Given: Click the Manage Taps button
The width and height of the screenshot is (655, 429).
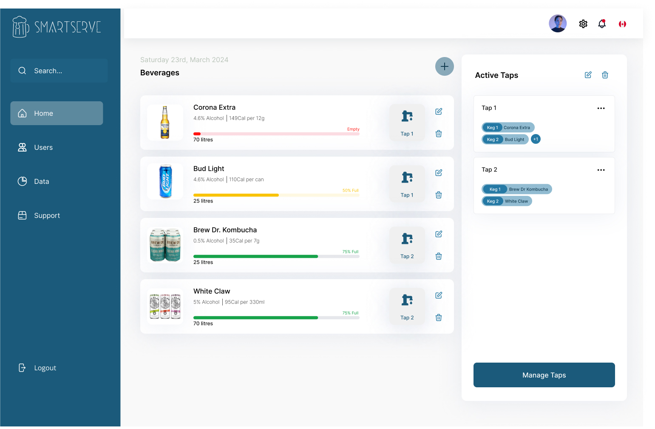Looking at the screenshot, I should pyautogui.click(x=544, y=375).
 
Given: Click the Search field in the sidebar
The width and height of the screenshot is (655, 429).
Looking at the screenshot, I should pyautogui.click(x=59, y=71).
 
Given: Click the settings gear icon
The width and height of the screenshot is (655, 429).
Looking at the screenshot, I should pyautogui.click(x=583, y=24).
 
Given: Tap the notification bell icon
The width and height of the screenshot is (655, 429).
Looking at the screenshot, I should pyautogui.click(x=602, y=24).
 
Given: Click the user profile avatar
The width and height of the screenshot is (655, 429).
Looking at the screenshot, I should pyautogui.click(x=558, y=23).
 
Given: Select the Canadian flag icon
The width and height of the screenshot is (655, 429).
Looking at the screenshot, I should pyautogui.click(x=622, y=24).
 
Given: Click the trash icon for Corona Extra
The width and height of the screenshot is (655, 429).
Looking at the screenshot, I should pyautogui.click(x=439, y=134).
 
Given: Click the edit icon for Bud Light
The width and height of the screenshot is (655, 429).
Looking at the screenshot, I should pyautogui.click(x=439, y=173).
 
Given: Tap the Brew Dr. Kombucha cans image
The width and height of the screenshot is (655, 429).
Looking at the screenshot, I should pyautogui.click(x=165, y=245).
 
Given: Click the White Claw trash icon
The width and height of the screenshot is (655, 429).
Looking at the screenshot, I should pyautogui.click(x=439, y=317).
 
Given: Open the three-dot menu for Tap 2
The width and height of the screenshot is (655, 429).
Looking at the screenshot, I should pyautogui.click(x=601, y=170).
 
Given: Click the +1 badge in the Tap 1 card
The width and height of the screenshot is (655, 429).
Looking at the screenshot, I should pyautogui.click(x=536, y=139).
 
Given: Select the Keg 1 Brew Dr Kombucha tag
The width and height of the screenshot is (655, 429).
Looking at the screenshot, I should pyautogui.click(x=516, y=189).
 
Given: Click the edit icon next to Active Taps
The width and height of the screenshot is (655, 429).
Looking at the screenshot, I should pyautogui.click(x=588, y=75).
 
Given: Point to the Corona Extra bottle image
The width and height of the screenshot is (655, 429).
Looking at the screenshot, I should pyautogui.click(x=165, y=123).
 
